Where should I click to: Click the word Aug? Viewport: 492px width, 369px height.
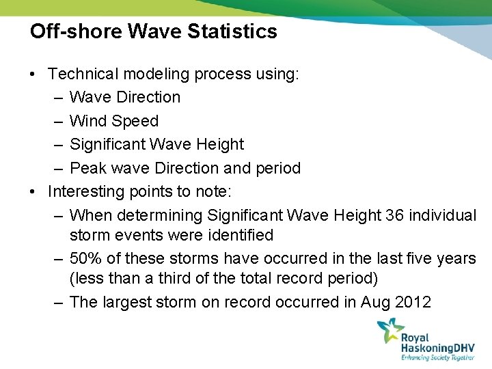372,302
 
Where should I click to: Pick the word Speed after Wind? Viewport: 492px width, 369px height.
135,121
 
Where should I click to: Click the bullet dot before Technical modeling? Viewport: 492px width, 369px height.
33,74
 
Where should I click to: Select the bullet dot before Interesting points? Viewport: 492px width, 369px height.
33,192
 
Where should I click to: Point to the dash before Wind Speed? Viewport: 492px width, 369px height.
57,121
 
